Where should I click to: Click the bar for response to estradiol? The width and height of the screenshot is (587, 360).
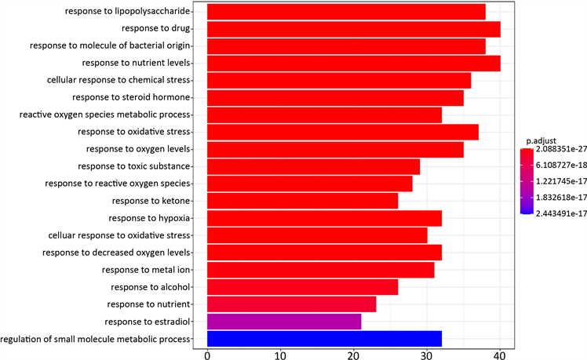[x=284, y=321]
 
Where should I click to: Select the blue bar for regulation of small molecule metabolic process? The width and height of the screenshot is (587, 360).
[x=324, y=338]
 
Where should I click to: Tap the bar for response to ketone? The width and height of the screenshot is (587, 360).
[x=302, y=201]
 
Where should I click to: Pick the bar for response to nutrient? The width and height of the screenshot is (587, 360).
[x=291, y=304]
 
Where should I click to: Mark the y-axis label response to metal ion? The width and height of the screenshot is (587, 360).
[x=147, y=269]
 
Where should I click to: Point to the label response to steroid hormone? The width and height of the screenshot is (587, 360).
[x=131, y=97]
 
